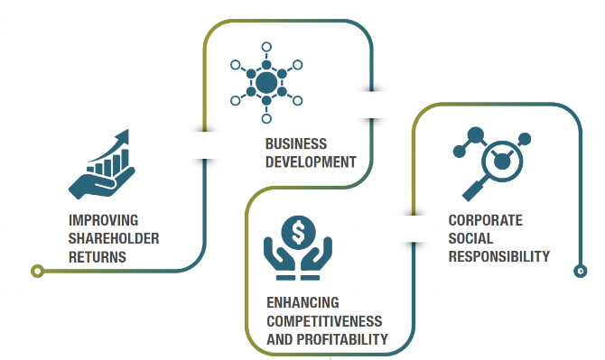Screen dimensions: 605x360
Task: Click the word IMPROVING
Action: click(104, 220)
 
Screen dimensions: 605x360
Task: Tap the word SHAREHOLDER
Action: click(114, 238)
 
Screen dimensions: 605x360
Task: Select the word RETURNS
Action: click(98, 257)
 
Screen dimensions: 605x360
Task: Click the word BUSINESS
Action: click(296, 144)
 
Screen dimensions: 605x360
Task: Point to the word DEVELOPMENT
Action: click(311, 162)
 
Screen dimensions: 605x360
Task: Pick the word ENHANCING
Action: click(302, 302)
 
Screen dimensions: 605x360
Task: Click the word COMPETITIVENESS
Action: click(324, 321)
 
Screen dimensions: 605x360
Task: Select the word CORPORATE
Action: click(486, 220)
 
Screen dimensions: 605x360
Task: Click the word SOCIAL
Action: click(470, 238)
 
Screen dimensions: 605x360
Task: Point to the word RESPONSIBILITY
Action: click(498, 257)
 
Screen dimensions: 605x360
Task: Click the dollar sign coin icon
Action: click(298, 233)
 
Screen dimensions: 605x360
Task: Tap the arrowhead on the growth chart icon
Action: click(122, 138)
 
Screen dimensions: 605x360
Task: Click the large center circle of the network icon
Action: click(266, 82)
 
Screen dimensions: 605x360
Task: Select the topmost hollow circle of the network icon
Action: click(266, 47)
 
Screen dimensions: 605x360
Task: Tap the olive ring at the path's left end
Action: click(37, 272)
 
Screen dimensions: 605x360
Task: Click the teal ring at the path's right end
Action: click(581, 272)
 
